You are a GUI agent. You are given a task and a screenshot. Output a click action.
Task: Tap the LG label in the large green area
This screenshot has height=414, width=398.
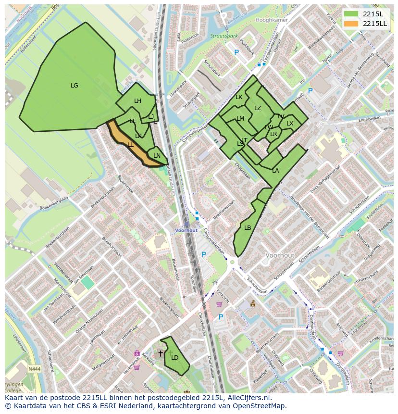(74, 86)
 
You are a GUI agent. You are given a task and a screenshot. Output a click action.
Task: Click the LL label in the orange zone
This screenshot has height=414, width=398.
(130, 144)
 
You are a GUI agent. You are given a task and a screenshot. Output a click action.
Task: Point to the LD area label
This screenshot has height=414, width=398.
(174, 357)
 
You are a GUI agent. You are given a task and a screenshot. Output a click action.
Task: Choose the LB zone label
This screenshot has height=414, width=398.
(248, 228)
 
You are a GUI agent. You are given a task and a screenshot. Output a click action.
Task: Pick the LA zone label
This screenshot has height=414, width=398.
(275, 171)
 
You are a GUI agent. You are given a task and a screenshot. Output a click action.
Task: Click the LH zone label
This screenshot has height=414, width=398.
(137, 101)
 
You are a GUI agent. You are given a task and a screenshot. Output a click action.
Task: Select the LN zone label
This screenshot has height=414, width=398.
(157, 156)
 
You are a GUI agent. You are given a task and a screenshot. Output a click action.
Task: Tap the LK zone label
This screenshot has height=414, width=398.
(239, 97)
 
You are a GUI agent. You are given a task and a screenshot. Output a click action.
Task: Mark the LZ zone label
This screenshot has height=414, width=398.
(258, 108)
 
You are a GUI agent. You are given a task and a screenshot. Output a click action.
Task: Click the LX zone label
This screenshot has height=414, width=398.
(290, 124)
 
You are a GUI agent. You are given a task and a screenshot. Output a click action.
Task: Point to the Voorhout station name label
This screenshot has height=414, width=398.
(186, 230)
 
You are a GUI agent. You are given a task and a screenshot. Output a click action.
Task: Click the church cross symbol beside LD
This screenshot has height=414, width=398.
(161, 353)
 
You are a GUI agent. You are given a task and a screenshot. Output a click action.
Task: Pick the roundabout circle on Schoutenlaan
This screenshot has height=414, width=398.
(233, 263)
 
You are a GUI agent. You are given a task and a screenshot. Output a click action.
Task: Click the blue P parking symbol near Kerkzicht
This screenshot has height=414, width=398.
(221, 317)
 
